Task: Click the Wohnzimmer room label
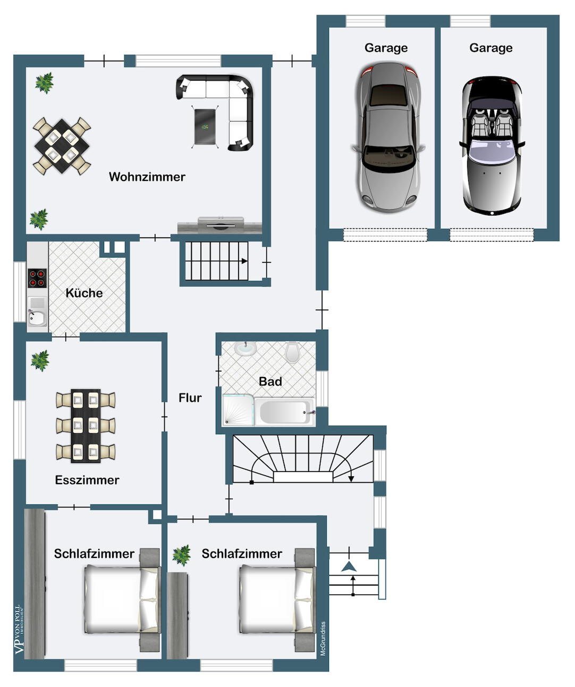pyautogui.click(x=147, y=177)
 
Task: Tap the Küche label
pyautogui.click(x=84, y=293)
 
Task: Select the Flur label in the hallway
pyautogui.click(x=190, y=398)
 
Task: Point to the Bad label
pyautogui.click(x=270, y=381)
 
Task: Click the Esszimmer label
pyautogui.click(x=87, y=480)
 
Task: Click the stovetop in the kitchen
pyautogui.click(x=37, y=278)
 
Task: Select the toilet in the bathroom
pyautogui.click(x=292, y=351)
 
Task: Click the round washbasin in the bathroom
pyautogui.click(x=246, y=348)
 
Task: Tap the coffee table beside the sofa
pyautogui.click(x=205, y=127)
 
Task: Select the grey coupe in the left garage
pyautogui.click(x=388, y=137)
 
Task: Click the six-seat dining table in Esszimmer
pyautogui.click(x=86, y=426)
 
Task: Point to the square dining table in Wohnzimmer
pyautogui.click(x=62, y=146)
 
